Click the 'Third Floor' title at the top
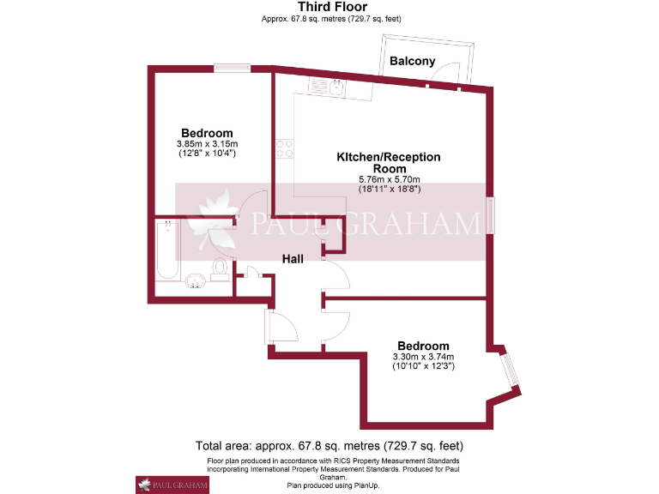pyautogui.click(x=330, y=7)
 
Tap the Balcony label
pyautogui.click(x=413, y=61)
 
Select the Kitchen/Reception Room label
pyautogui.click(x=388, y=163)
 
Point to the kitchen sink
pyautogui.click(x=327, y=85)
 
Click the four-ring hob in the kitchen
pyautogui.click(x=284, y=148)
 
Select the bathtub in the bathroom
pyautogui.click(x=167, y=250)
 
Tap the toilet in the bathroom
pyautogui.click(x=221, y=268)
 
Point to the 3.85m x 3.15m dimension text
pyautogui.click(x=207, y=143)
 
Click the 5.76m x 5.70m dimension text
pyautogui.click(x=388, y=180)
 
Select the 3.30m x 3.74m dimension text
pyautogui.click(x=423, y=357)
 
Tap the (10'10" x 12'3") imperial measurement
pyautogui.click(x=423, y=366)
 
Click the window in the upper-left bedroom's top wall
pyautogui.click(x=232, y=69)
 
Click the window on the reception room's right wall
pyautogui.click(x=490, y=215)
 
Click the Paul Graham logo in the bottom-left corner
pyautogui.click(x=172, y=485)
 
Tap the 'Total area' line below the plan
pyautogui.click(x=329, y=446)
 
